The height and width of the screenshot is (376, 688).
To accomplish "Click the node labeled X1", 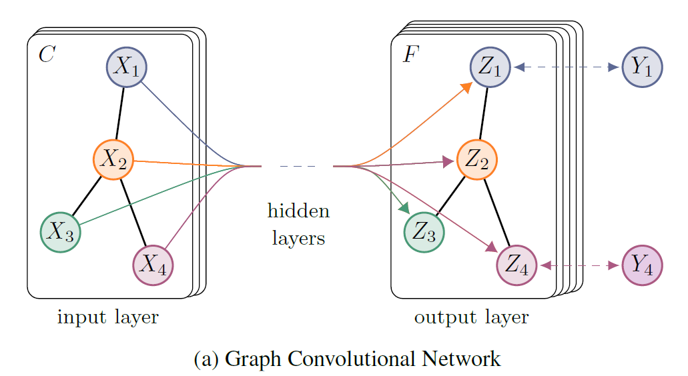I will point(127,67).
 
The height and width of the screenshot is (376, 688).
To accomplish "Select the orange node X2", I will point(113,159).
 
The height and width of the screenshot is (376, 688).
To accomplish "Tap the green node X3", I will point(61,232).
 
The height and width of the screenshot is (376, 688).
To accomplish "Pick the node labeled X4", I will point(153,265).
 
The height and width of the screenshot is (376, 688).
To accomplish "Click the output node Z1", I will point(490,67).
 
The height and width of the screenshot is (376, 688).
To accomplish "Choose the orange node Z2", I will point(477,160).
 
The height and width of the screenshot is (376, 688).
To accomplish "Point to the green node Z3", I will point(424,232).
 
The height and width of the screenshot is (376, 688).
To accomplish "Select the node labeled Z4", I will point(517,265).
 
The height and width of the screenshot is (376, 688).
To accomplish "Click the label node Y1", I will point(642,67).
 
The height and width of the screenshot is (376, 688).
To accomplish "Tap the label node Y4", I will point(642,265).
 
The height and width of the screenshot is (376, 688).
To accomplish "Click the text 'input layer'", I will point(108,317).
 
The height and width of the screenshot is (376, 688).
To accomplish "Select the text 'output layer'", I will point(471,317).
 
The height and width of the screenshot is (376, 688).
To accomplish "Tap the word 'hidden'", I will point(298,212).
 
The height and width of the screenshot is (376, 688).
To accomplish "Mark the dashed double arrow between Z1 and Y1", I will point(567,67).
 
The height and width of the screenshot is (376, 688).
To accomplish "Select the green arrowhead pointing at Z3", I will point(403,208).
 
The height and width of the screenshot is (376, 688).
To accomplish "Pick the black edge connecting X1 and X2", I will point(120,113).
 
